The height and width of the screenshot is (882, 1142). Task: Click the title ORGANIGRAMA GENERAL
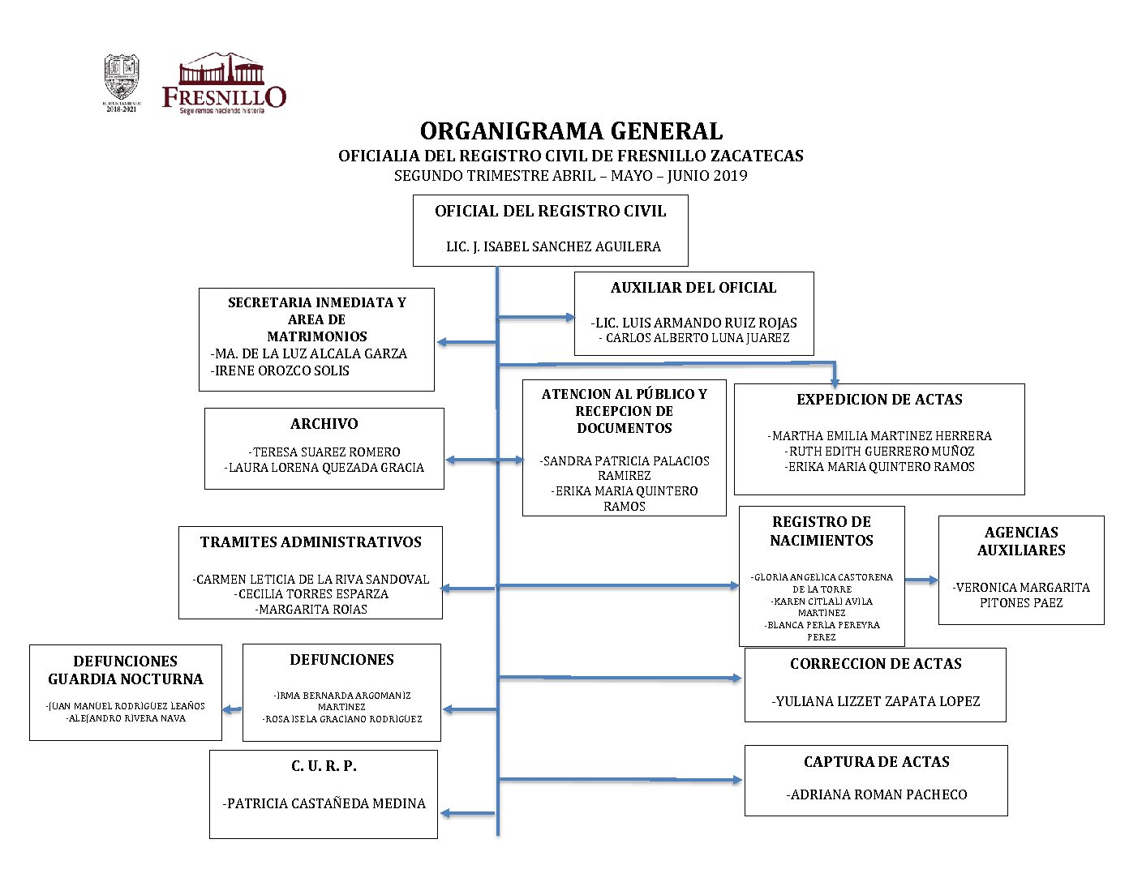pyautogui.click(x=571, y=131)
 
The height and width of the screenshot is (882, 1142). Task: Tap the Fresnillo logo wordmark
pyautogui.click(x=224, y=97)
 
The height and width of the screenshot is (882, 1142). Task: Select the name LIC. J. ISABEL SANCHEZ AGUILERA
pyautogui.click(x=553, y=246)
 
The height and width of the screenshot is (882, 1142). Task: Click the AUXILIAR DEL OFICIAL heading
pyautogui.click(x=693, y=288)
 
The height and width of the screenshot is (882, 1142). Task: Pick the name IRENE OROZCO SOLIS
pyautogui.click(x=281, y=370)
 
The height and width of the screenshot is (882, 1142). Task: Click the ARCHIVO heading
pyautogui.click(x=324, y=424)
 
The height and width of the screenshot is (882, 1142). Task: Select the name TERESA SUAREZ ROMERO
pyautogui.click(x=324, y=452)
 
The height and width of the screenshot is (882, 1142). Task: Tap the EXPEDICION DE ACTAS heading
pyautogui.click(x=879, y=400)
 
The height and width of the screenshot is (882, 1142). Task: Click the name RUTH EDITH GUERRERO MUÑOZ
pyautogui.click(x=880, y=451)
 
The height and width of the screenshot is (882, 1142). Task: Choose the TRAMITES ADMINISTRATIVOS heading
pyautogui.click(x=311, y=542)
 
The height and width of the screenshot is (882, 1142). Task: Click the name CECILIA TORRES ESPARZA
pyautogui.click(x=311, y=594)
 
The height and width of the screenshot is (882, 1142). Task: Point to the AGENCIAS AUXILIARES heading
pyautogui.click(x=1021, y=541)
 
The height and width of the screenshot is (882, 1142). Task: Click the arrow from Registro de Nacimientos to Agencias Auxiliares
pyautogui.click(x=921, y=580)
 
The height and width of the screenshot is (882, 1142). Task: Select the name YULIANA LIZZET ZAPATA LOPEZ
pyautogui.click(x=876, y=701)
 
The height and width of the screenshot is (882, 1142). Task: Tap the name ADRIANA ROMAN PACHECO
pyautogui.click(x=877, y=794)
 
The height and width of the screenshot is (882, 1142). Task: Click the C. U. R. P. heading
pyautogui.click(x=324, y=766)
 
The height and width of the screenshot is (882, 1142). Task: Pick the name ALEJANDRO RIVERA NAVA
pyautogui.click(x=126, y=718)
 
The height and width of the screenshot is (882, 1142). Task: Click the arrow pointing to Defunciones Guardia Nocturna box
pyautogui.click(x=232, y=710)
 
